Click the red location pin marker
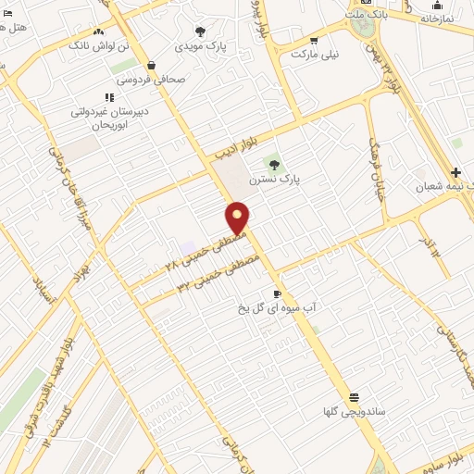tap(238, 218)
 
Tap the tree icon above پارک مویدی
tap(201, 31)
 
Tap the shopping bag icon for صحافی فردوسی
tap(151, 66)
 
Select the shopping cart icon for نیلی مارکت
tap(314, 40)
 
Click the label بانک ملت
tap(368, 16)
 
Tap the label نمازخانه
tap(437, 19)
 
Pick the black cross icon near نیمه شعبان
tap(455, 172)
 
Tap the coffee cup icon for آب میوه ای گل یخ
tap(277, 293)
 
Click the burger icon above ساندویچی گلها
tap(353, 396)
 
